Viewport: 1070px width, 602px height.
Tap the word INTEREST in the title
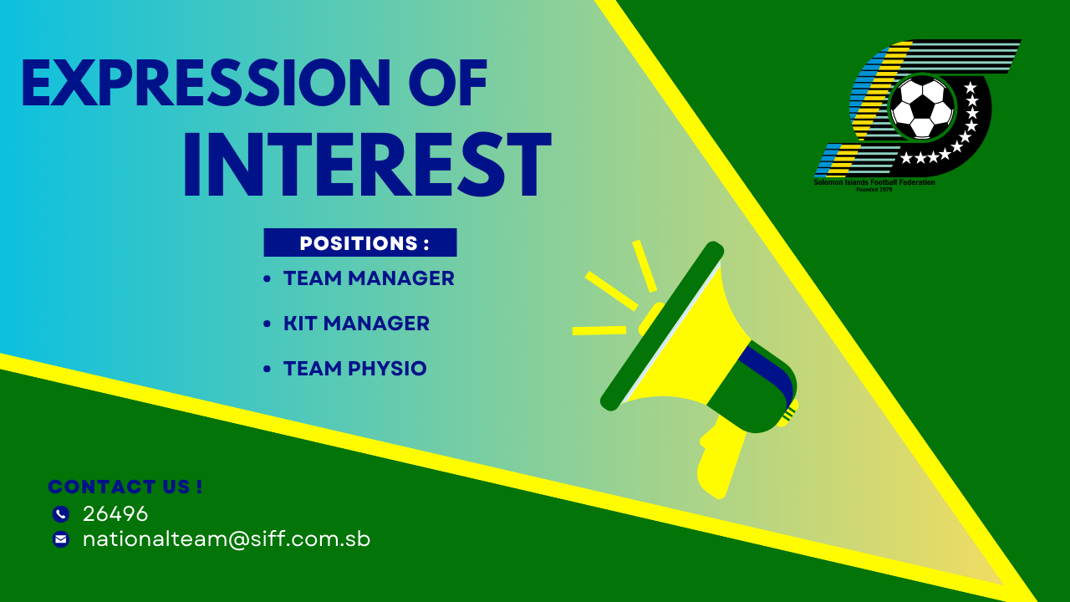click(x=368, y=165)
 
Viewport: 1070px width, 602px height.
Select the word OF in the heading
click(x=448, y=83)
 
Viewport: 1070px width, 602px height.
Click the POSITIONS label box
click(x=360, y=242)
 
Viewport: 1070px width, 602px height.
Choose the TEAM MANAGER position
click(x=369, y=278)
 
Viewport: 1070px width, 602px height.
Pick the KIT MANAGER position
click(x=356, y=324)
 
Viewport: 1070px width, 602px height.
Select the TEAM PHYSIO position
click(x=355, y=369)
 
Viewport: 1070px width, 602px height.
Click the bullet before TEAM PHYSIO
click(x=267, y=369)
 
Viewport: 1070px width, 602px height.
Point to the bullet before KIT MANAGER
click(x=267, y=324)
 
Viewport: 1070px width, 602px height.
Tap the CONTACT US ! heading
click(x=125, y=487)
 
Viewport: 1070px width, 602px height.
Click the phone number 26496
click(x=115, y=514)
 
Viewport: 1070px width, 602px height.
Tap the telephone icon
click(x=61, y=514)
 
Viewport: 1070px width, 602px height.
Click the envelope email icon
click(x=61, y=539)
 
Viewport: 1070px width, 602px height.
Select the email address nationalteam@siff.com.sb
click(x=227, y=539)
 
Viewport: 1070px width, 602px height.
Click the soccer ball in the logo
click(x=922, y=108)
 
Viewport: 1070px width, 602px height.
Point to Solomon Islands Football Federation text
click(x=874, y=182)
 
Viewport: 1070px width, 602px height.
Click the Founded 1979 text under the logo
click(x=874, y=190)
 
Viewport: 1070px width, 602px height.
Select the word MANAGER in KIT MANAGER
click(x=376, y=324)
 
